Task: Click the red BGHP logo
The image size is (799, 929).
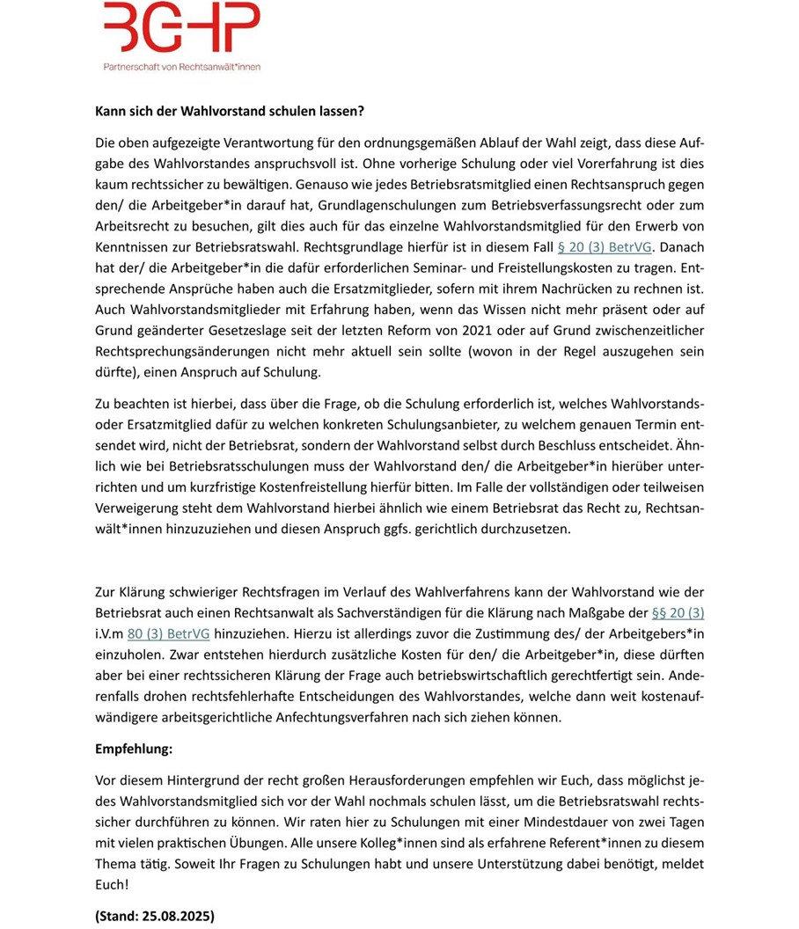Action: point(181,28)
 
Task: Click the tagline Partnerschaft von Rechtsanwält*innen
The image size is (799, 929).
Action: point(181,66)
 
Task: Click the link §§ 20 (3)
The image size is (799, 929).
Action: point(678,611)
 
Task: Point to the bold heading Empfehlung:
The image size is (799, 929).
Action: point(134,750)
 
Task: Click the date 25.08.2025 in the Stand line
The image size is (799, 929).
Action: point(174,915)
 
